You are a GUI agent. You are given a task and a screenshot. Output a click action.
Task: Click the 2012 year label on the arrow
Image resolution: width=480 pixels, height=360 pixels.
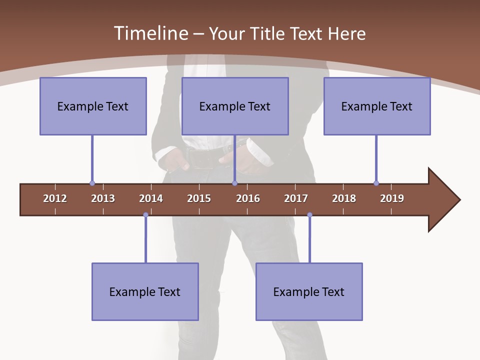tap(55, 198)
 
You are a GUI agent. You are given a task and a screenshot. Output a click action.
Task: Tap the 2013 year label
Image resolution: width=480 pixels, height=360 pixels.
tap(103, 198)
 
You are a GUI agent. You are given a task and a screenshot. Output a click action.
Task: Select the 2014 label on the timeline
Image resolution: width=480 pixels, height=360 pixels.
tap(151, 198)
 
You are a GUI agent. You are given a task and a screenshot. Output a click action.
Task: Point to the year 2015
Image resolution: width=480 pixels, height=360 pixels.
tap(199, 198)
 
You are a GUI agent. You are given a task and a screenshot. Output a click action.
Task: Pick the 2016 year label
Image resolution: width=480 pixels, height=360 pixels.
tap(248, 198)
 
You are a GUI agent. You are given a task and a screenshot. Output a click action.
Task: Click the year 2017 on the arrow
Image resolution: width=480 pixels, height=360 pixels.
tap(296, 198)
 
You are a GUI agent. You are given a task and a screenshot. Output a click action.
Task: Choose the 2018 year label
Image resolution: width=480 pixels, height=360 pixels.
tap(344, 198)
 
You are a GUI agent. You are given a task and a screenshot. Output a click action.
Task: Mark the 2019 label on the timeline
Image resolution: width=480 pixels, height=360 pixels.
tap(392, 198)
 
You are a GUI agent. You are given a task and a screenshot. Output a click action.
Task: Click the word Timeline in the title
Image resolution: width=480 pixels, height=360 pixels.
tap(150, 33)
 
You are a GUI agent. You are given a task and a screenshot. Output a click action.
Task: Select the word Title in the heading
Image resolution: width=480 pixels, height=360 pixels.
tap(267, 33)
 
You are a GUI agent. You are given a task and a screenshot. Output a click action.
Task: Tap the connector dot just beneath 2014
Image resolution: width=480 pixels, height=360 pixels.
tap(145, 215)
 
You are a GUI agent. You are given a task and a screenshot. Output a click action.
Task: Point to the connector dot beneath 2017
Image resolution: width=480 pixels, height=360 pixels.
tap(309, 215)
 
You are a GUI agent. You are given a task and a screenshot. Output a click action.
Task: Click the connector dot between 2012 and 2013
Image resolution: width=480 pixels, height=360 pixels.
tap(92, 183)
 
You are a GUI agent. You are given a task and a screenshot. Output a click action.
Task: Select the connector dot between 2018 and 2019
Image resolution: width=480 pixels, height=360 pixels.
tap(376, 183)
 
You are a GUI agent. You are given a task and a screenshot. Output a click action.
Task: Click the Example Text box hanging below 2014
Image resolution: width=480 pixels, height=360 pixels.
tap(145, 291)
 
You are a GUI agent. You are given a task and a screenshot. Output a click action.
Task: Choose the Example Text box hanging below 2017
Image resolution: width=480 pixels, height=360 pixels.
tap(309, 291)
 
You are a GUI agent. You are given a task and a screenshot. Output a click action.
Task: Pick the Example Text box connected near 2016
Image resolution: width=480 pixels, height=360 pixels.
tap(235, 106)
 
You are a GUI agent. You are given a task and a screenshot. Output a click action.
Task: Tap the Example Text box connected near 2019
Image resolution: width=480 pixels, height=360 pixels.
tap(377, 106)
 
